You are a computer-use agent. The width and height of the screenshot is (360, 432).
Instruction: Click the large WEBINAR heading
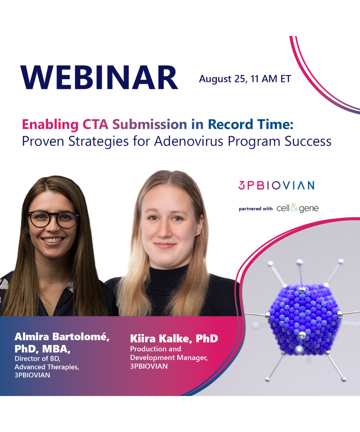[x=99, y=78]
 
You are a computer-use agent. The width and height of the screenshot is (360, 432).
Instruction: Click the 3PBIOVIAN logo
[x=276, y=185]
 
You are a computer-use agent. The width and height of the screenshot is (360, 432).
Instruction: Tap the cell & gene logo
[x=297, y=208]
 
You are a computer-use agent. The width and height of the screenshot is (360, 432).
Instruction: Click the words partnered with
[x=256, y=208]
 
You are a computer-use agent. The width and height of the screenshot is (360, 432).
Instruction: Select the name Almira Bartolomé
[x=62, y=337]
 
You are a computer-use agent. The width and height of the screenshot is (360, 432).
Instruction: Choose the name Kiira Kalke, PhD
[x=174, y=339]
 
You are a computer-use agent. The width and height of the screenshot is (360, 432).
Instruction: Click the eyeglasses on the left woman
[x=53, y=219]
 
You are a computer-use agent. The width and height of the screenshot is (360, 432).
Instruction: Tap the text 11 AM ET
[x=271, y=79]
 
